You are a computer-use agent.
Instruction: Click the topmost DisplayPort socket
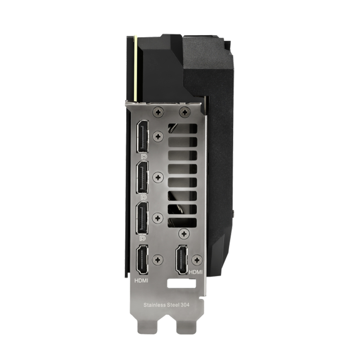[x=142, y=137]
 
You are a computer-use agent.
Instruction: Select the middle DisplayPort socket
[x=142, y=177]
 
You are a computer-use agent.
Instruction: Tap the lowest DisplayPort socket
[x=142, y=218]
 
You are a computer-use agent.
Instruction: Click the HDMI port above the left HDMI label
[x=142, y=260]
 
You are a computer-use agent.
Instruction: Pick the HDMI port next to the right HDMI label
[x=182, y=260]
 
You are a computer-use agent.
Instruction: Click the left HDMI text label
[x=141, y=280]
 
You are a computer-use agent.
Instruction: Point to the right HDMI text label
[x=196, y=272]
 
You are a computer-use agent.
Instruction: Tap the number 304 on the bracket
[x=185, y=305]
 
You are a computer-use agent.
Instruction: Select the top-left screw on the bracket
[x=158, y=112]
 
